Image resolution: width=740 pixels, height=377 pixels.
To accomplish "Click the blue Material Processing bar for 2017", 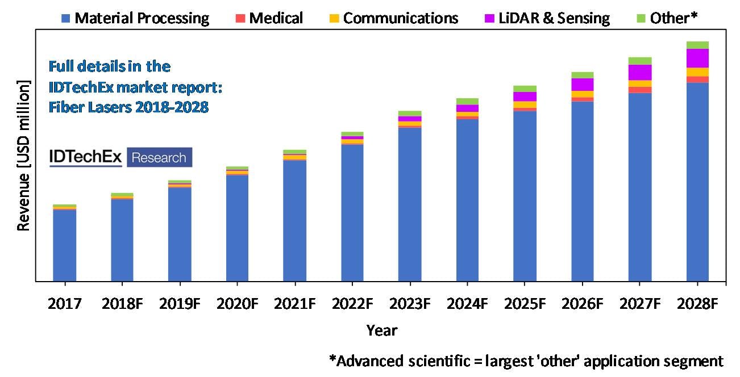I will [64, 245].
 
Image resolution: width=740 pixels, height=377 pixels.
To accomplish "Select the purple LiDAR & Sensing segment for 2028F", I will [697, 58].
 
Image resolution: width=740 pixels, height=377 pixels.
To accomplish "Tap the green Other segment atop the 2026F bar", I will [583, 75].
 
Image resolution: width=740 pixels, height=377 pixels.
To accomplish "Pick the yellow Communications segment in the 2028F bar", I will [697, 72].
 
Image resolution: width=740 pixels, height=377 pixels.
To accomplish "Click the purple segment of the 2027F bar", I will [640, 72].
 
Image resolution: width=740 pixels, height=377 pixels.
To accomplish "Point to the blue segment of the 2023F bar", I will [410, 204].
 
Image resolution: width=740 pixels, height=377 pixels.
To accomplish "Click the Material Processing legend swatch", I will [66, 19].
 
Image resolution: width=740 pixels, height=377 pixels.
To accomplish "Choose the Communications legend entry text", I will [401, 18].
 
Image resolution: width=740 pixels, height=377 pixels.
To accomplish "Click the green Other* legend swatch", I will [640, 19].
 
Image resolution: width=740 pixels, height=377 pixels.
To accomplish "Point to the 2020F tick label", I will [236, 304].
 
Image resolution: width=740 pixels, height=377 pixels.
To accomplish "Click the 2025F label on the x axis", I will [525, 304].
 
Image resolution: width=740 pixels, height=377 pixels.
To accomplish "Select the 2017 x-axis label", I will [64, 304].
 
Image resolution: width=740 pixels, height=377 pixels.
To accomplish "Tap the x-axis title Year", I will [381, 330].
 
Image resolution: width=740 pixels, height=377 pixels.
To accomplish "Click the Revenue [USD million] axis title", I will [23, 156].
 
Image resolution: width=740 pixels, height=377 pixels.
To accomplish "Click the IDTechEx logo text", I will [86, 157].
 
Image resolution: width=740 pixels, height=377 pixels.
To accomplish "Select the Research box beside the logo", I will [159, 157].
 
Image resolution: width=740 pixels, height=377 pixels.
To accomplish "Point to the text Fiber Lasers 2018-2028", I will [128, 107].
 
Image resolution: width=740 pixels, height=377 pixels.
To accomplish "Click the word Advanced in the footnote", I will [369, 361].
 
